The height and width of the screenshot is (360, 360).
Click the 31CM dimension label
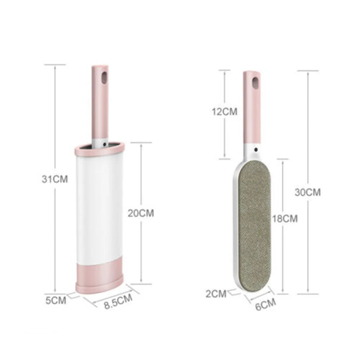tap(55, 179)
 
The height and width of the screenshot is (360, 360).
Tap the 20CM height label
tap(141, 213)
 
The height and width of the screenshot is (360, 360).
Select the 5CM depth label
tap(56, 300)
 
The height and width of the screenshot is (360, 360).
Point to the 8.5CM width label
tap(118, 301)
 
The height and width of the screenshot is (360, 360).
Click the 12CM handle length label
tap(224, 112)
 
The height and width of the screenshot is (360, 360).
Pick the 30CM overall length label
tap(308, 192)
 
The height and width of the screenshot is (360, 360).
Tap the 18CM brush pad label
tap(285, 219)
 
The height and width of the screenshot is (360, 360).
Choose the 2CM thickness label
tap(216, 294)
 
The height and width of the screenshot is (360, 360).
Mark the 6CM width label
tap(265, 305)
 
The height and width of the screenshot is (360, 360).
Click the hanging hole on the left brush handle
tap(104, 78)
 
